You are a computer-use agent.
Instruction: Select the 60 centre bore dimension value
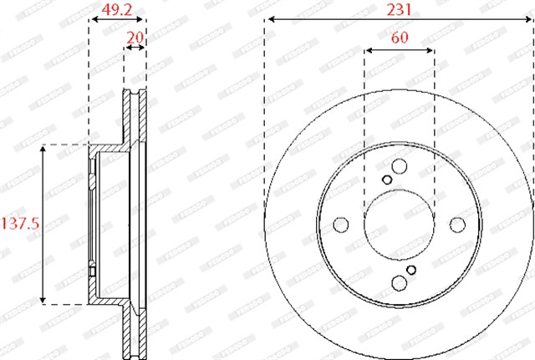399,38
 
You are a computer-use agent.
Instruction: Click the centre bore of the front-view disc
399,225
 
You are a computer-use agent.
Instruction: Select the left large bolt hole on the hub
341,225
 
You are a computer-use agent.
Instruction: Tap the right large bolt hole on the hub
456,225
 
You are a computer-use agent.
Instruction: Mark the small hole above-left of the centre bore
386,180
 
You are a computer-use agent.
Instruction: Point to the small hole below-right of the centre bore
411,269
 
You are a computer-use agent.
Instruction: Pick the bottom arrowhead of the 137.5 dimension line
43,299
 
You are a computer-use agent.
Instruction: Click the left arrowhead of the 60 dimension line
369,50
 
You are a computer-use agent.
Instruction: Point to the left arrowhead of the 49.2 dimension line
93,25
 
